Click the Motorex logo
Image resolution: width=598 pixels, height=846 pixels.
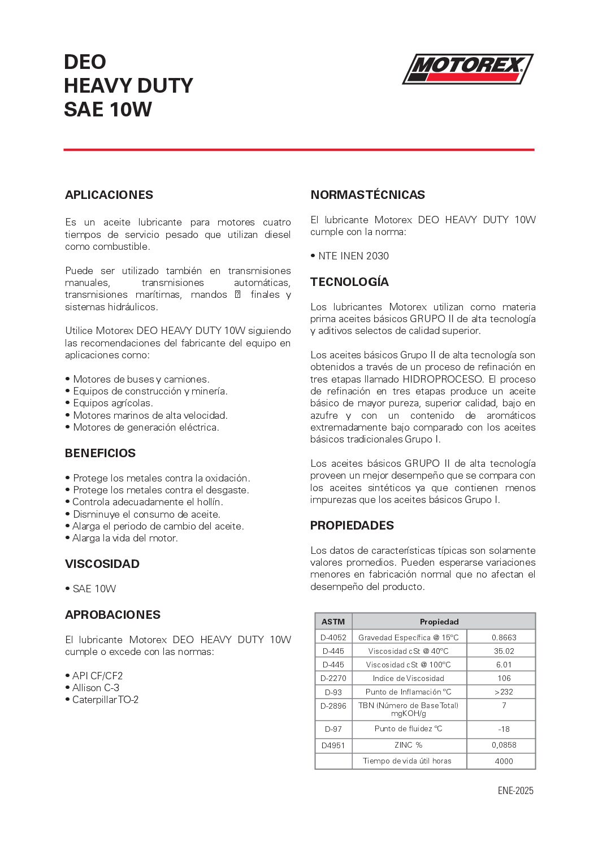tap(467, 69)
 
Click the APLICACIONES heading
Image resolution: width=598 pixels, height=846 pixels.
tap(109, 195)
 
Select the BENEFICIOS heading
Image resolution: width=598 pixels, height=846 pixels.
tap(100, 453)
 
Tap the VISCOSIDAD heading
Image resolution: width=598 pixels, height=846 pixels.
tap(102, 564)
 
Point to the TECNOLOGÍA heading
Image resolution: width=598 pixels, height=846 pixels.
tap(349, 282)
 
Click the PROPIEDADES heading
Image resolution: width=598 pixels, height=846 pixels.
tap(352, 526)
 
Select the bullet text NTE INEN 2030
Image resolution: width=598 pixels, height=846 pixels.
tap(353, 256)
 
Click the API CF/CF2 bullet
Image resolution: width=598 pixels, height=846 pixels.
tap(97, 676)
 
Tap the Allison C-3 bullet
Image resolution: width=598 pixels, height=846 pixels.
tap(96, 688)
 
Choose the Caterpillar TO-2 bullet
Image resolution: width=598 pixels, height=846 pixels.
tap(105, 700)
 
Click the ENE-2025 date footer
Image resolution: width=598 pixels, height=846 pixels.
tap(515, 791)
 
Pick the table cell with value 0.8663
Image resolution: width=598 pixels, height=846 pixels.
tap(504, 637)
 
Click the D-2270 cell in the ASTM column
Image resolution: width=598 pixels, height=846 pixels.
tap(333, 678)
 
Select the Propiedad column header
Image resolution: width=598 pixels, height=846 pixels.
tap(439, 622)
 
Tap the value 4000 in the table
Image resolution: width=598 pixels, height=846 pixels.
tap(504, 761)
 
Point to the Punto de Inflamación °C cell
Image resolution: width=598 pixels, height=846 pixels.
tap(409, 692)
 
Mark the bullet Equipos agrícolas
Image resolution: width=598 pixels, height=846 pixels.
tap(113, 403)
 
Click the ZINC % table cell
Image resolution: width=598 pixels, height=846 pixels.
tap(409, 745)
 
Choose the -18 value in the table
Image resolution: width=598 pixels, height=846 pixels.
tap(504, 729)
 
